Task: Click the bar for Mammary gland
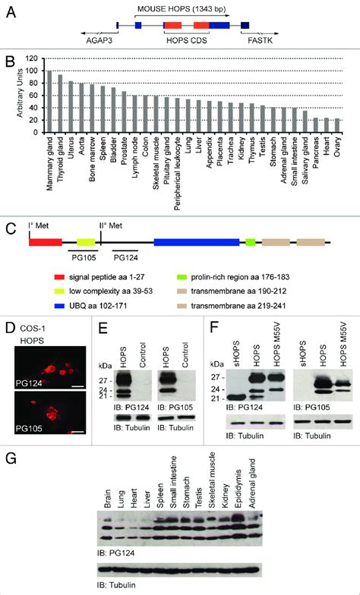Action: point(49,102)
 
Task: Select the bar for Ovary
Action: point(338,126)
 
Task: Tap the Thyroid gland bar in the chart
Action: point(60,103)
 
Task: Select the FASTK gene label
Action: point(260,39)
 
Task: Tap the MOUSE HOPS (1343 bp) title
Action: point(182,9)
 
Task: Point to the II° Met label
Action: point(110,226)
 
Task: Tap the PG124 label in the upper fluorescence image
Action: point(28,382)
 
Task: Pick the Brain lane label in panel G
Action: point(108,497)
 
